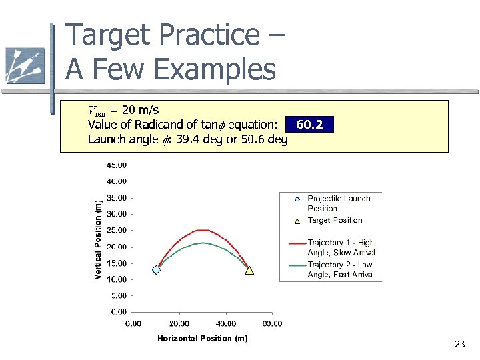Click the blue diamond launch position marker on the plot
157,270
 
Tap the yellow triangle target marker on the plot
249,270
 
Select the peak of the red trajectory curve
202,230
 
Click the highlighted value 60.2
309,125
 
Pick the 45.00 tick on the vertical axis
118,165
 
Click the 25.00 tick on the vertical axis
118,230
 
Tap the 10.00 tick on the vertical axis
118,279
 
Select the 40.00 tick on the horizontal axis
226,324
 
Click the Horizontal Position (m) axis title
203,339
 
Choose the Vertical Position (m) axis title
99,239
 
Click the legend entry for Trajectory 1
341,247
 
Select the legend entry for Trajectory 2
341,269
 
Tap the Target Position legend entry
335,220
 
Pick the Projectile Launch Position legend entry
339,203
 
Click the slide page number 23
459,344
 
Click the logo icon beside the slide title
25,65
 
